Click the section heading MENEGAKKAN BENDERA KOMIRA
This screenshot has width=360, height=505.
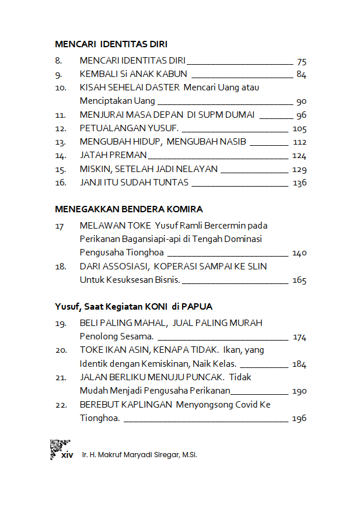pos(128,209)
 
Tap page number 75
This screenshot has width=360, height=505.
pos(301,61)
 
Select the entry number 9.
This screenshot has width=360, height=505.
pos(58,74)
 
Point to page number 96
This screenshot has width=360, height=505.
pos(301,115)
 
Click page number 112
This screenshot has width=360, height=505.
pos(300,142)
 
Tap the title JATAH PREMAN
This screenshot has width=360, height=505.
pos(113,155)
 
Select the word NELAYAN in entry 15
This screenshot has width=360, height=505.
pos(196,169)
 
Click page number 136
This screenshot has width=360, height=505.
pos(300,183)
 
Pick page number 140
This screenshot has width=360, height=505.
pos(300,253)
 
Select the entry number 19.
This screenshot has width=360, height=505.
pos(60,323)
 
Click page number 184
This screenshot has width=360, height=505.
pos(299,364)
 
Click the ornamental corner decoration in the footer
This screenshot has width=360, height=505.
pos(59,448)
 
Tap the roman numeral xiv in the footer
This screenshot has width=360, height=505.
pos(68,455)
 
